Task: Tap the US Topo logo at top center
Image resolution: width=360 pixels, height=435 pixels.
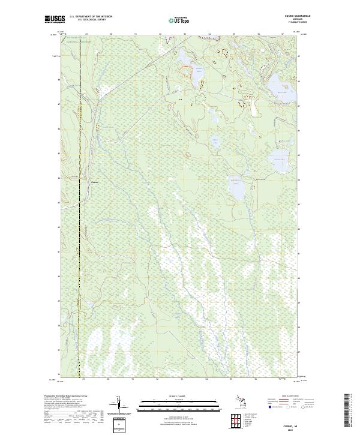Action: point(178,20)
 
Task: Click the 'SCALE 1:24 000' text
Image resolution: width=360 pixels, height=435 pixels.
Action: point(179,397)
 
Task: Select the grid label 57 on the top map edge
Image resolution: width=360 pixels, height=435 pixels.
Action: point(282,34)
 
